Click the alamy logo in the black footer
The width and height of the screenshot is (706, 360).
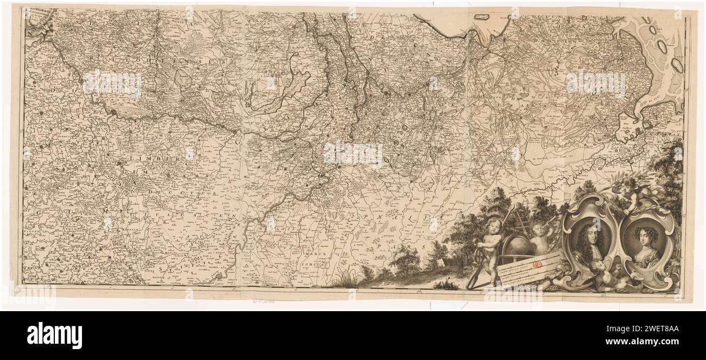[54, 335]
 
